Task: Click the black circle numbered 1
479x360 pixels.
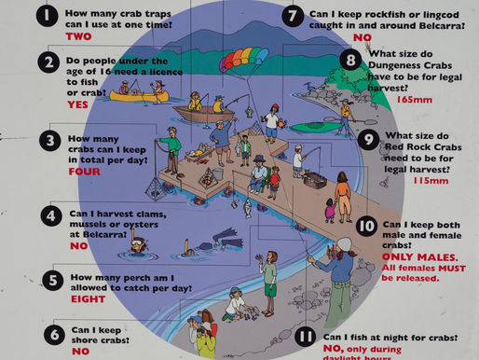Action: click(x=47, y=16)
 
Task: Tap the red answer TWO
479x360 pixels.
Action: click(x=79, y=36)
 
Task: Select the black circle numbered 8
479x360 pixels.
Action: click(x=350, y=60)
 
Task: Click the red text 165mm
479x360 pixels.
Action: click(x=415, y=100)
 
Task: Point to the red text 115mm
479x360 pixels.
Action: click(x=431, y=180)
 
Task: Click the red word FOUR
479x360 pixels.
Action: click(x=85, y=172)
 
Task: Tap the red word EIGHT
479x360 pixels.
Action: click(x=89, y=299)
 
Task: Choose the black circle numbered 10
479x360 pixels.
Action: click(x=366, y=227)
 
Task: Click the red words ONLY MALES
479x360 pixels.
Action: click(x=420, y=257)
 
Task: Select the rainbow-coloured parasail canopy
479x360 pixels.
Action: click(x=243, y=58)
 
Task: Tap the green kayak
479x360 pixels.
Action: click(x=316, y=127)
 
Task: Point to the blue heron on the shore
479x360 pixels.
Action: click(x=310, y=88)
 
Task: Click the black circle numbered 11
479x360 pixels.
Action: click(x=305, y=337)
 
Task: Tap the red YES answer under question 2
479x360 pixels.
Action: click(x=77, y=104)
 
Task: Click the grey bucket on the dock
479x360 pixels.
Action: click(x=218, y=174)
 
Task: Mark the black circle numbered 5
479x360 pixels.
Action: click(x=52, y=280)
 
